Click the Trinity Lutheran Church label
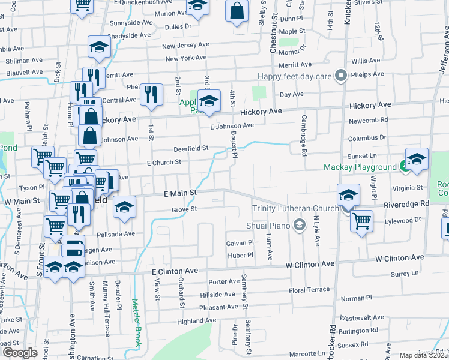[x=296, y=208]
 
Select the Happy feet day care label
[x=295, y=76]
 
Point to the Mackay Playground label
[x=360, y=166]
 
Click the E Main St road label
[x=180, y=193]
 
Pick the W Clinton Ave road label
[x=309, y=264]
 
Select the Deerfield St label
[x=191, y=148]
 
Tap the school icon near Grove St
[x=124, y=206]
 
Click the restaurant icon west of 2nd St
[x=151, y=94]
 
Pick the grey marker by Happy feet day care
[x=341, y=76]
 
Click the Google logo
[x=20, y=353]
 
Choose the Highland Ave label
[x=196, y=321]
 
